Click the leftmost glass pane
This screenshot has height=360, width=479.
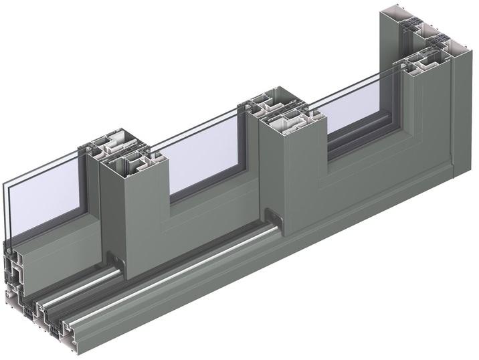[x=47, y=201]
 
